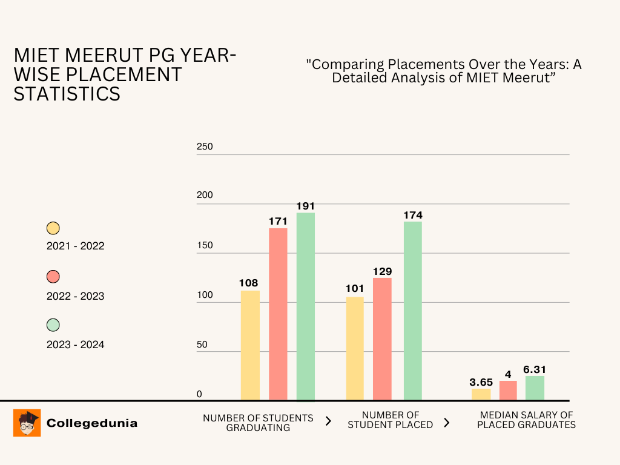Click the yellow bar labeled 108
(250, 345)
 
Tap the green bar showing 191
(305, 306)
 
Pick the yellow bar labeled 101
(355, 348)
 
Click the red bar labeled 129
(382, 339)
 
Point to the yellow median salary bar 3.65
(481, 394)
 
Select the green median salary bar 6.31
(535, 388)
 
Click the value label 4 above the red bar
(508, 375)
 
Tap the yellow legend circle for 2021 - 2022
(53, 228)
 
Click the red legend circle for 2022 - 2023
(53, 277)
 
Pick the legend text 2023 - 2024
(75, 345)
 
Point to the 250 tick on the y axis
(205, 147)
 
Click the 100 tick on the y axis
(205, 295)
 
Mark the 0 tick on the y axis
(199, 394)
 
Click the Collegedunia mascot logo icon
(27, 423)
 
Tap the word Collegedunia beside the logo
(92, 423)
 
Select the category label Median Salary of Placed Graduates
(526, 420)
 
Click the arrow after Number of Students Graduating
(328, 421)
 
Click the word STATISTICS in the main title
(67, 94)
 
